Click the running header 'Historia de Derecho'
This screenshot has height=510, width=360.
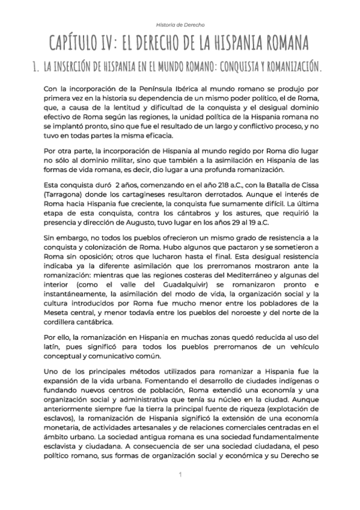coord(180,25)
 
